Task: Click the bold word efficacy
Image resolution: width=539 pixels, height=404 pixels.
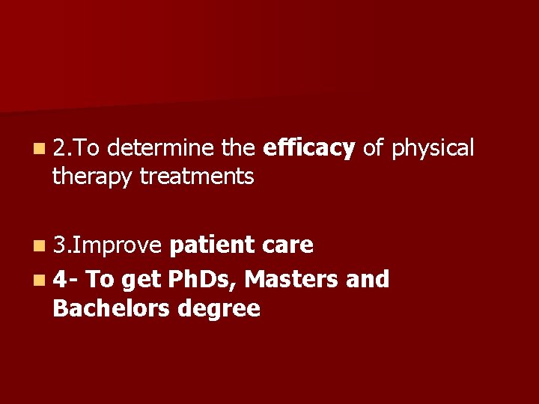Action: tap(309, 149)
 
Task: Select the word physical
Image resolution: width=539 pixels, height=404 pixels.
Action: tap(433, 149)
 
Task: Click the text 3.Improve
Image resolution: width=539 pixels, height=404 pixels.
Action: tap(107, 245)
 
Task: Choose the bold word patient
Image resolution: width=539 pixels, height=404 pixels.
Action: tap(213, 245)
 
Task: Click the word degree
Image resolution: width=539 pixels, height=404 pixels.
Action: tap(222, 309)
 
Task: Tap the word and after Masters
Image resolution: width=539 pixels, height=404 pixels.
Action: tap(368, 280)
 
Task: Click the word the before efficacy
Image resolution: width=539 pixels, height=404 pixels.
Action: tap(240, 149)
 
